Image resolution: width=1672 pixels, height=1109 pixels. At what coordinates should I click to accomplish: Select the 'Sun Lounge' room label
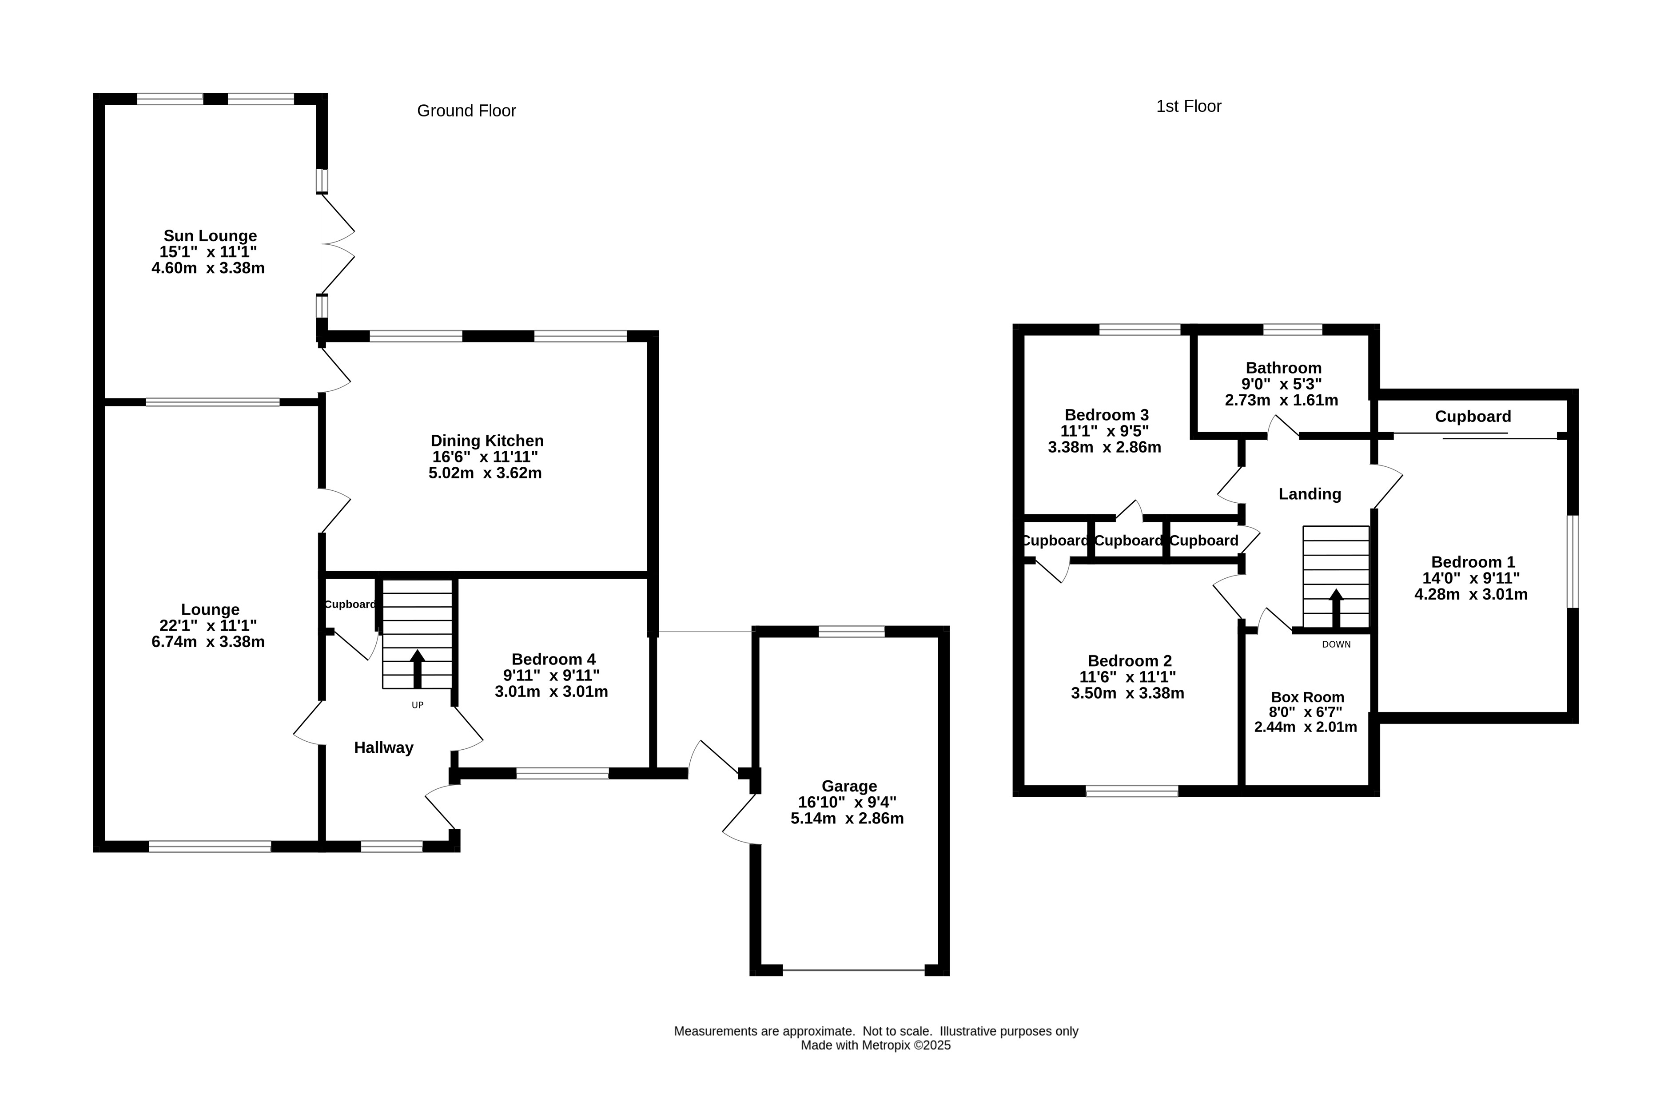click(x=210, y=235)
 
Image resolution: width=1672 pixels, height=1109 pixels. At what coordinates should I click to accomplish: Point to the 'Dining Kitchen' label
click(x=487, y=441)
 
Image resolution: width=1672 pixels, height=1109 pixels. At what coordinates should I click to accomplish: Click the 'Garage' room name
click(x=849, y=786)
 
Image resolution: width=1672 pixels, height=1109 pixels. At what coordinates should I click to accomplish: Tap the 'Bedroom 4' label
click(x=554, y=659)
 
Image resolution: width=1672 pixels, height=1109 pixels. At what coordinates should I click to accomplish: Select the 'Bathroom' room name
click(x=1284, y=368)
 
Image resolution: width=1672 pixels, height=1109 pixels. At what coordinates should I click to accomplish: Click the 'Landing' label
click(x=1310, y=494)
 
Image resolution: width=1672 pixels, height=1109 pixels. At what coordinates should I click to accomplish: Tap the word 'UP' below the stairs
click(x=417, y=705)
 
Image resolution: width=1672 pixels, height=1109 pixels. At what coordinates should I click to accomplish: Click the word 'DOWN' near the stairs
click(x=1336, y=644)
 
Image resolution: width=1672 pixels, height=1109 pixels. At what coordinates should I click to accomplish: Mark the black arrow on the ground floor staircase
click(x=417, y=669)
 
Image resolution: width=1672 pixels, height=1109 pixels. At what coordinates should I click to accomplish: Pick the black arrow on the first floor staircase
click(x=1336, y=609)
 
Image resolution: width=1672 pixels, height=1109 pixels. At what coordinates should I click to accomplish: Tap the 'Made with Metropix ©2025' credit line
click(x=876, y=1045)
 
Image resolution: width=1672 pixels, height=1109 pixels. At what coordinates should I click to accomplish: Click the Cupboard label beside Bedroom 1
click(x=1473, y=417)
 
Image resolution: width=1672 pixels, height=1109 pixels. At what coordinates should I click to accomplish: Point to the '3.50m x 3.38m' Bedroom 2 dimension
click(x=1127, y=694)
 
